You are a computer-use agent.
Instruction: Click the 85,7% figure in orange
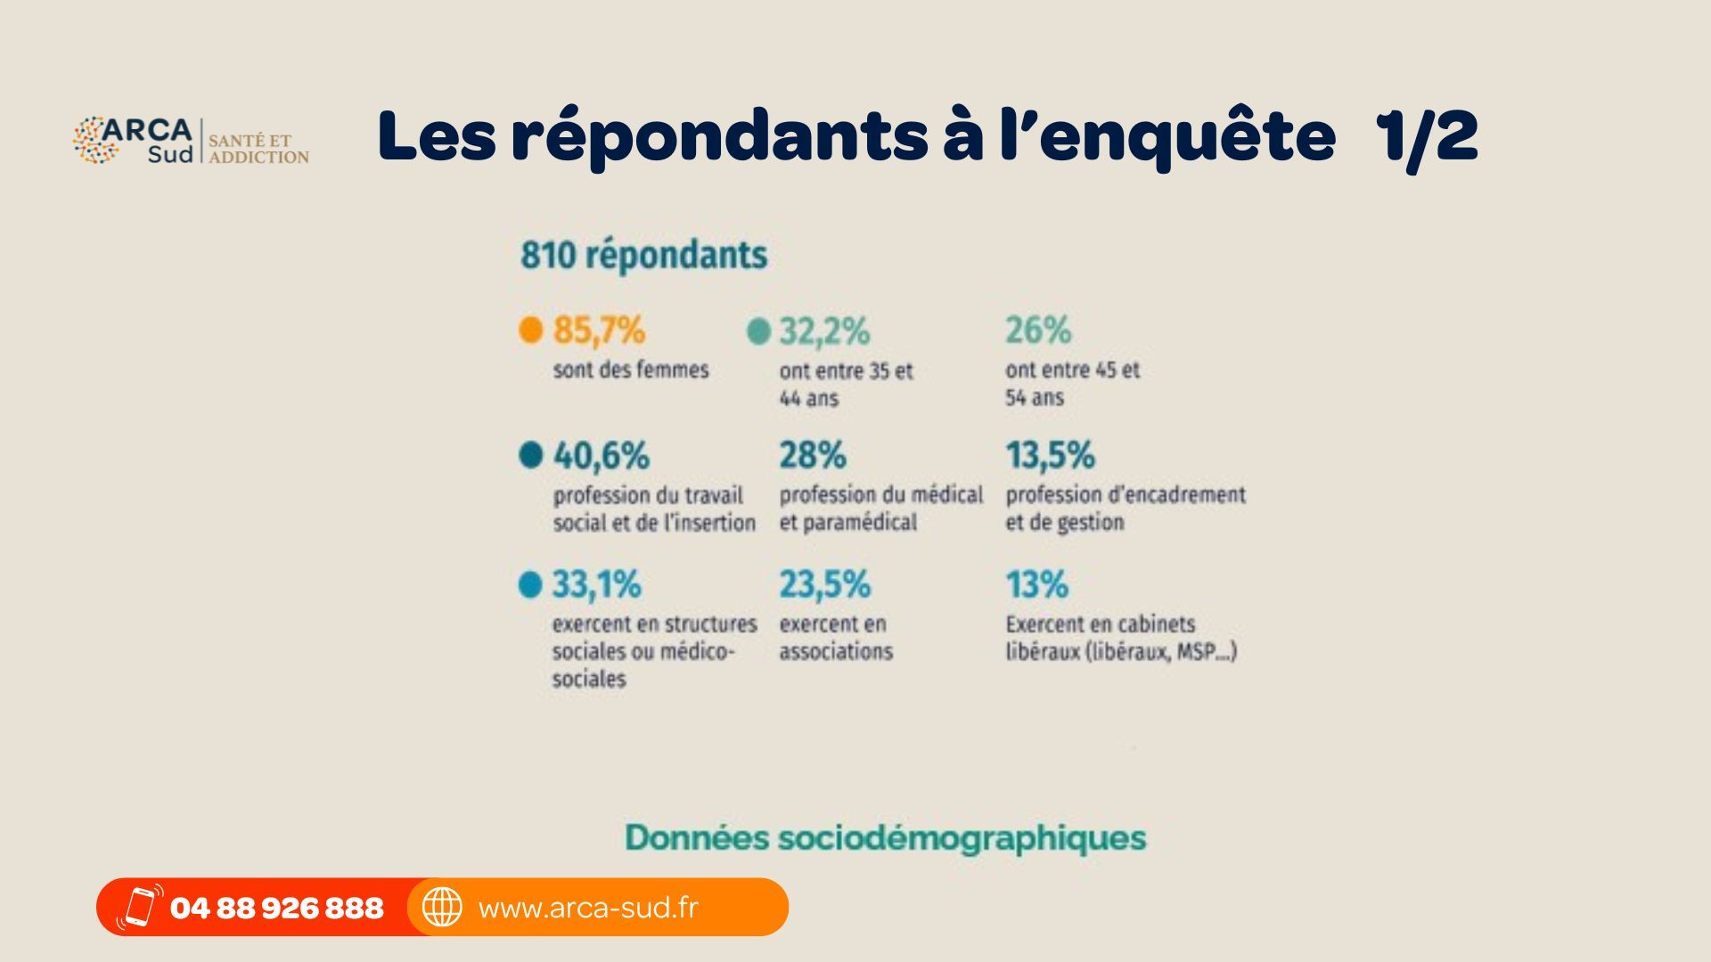coord(599,330)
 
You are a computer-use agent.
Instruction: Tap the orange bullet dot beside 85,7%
coord(531,330)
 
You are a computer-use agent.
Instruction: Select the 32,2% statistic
coord(824,331)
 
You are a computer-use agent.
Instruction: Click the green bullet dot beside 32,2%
coord(758,331)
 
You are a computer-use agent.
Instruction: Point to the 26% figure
coord(1038,330)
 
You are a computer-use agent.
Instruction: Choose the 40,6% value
coord(602,456)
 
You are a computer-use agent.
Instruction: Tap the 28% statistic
coord(813,456)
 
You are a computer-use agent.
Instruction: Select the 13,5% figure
coord(1050,456)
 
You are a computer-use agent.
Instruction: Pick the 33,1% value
coord(596,585)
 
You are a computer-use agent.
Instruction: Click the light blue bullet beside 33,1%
coord(530,585)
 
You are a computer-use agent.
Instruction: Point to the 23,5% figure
coord(824,585)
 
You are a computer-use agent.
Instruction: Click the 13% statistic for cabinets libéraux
coord(1036,585)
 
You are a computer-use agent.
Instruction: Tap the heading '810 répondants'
coord(643,255)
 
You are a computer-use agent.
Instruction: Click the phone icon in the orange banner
coord(140,908)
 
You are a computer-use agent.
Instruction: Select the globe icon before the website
coord(442,908)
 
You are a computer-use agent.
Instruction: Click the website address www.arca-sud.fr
coord(588,908)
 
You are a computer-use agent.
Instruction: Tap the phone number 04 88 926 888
coord(276,908)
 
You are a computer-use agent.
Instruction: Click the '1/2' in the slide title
coord(1426,136)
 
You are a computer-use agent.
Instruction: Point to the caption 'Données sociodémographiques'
coord(885,837)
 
